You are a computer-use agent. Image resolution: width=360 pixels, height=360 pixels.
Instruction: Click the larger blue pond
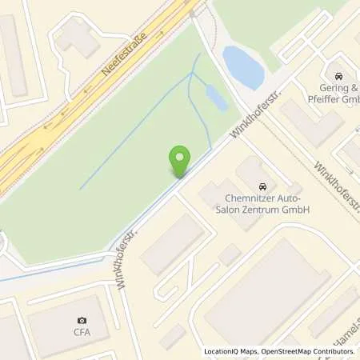[x=243, y=67]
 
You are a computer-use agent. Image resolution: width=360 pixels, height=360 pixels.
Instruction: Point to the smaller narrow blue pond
[x=216, y=98]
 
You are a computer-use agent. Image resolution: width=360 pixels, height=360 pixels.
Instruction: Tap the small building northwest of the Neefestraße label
[x=78, y=36]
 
